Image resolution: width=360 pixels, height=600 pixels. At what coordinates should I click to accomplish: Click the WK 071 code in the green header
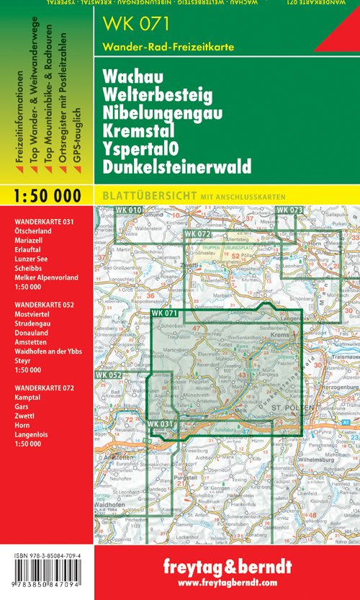(x=137, y=24)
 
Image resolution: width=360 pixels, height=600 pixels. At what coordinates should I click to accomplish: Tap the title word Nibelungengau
(x=163, y=113)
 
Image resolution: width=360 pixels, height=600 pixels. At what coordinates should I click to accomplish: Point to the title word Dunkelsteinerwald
(x=177, y=167)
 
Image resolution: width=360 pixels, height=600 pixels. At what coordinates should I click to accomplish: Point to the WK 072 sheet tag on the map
(x=197, y=235)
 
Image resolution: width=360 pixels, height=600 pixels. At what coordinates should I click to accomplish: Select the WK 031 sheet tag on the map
(x=160, y=424)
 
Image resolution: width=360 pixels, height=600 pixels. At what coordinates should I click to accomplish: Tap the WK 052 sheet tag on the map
(x=108, y=375)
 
